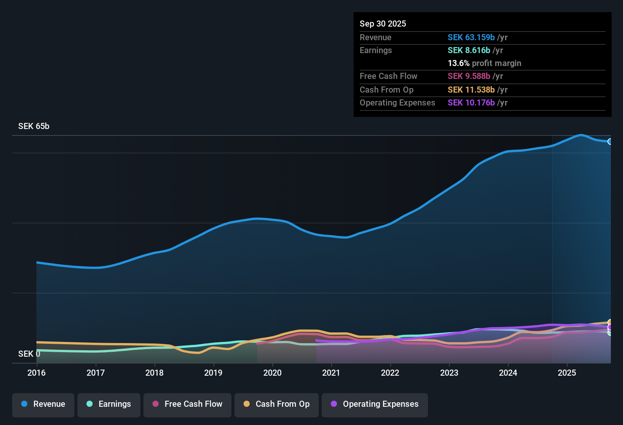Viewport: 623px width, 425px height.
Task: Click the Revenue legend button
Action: [x=43, y=404]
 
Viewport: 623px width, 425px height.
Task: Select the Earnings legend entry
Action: [x=109, y=404]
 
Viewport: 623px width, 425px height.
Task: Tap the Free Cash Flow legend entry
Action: [x=187, y=404]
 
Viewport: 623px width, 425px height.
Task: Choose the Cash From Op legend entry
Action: [x=277, y=404]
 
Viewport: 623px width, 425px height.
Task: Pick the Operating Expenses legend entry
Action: [x=375, y=404]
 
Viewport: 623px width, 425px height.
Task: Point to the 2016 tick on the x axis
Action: [x=36, y=373]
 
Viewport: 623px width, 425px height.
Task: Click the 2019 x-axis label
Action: [x=213, y=373]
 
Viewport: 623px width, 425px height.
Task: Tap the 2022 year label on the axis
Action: [x=390, y=373]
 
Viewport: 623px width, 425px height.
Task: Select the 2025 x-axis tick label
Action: [x=567, y=373]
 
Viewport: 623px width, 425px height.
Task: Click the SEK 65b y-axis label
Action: [x=34, y=126]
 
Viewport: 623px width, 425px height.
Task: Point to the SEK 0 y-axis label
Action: [x=29, y=354]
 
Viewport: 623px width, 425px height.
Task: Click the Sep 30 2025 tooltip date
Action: [x=383, y=24]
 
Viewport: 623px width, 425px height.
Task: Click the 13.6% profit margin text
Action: [x=484, y=63]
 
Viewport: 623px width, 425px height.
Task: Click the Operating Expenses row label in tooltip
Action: [x=397, y=103]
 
